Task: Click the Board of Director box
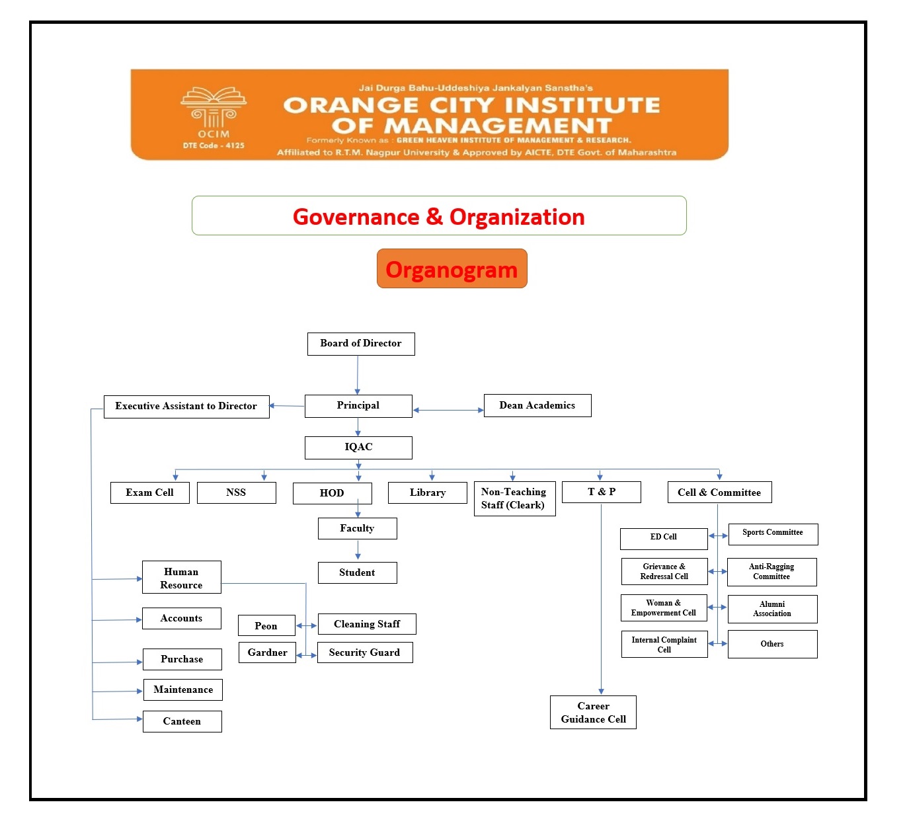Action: point(361,344)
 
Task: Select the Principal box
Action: point(358,406)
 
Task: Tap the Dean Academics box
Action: point(537,406)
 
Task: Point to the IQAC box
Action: point(358,448)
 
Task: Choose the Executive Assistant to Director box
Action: point(186,407)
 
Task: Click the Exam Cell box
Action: point(150,493)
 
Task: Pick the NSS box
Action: point(236,493)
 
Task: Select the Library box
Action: point(428,493)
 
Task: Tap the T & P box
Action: point(602,493)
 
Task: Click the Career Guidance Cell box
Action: point(593,713)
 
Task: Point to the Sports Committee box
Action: point(773,534)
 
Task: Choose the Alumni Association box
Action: point(772,609)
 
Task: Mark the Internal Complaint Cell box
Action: point(664,645)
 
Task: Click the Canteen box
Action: point(182,721)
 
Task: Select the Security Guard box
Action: point(365,652)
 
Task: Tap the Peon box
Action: point(266,625)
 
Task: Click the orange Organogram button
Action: point(452,269)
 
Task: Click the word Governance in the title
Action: point(356,217)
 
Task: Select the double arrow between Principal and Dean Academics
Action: point(448,411)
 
